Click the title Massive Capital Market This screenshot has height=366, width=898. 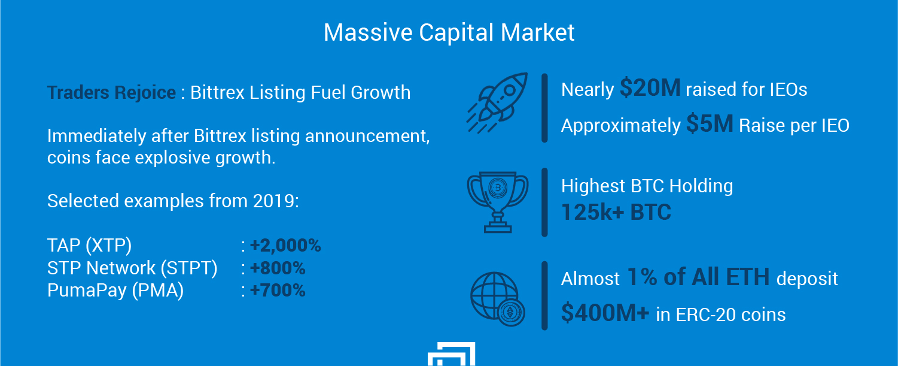(449, 32)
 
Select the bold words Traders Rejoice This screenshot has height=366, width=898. (111, 93)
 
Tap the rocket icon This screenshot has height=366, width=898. (497, 103)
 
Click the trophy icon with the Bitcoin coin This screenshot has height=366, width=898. (498, 202)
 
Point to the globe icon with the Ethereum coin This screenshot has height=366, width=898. (498, 299)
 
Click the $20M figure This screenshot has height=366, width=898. (650, 88)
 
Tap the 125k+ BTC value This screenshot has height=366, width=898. (616, 212)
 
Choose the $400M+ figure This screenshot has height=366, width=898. (605, 313)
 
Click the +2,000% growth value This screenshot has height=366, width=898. (285, 245)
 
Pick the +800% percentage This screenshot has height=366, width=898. (278, 268)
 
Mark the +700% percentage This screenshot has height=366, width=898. (278, 290)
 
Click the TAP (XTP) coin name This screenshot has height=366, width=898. (89, 245)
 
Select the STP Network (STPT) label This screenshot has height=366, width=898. (132, 268)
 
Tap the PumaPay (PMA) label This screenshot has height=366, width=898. (115, 291)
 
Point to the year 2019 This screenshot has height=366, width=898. (273, 201)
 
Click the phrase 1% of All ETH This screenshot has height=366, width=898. (698, 277)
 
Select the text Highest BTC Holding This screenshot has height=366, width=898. (647, 186)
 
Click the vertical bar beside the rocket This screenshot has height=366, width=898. (544, 108)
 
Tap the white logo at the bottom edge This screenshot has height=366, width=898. (452, 354)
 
